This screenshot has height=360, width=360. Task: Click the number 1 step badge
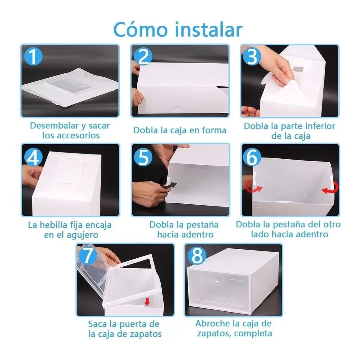tap(34, 56)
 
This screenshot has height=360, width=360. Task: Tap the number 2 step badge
tap(143, 56)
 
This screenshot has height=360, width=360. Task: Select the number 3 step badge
tap(252, 56)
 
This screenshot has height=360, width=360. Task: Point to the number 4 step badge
tap(34, 157)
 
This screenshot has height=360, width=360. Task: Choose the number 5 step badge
tap(143, 157)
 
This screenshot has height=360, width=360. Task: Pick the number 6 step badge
tap(252, 157)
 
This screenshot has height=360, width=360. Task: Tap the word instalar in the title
tap(209, 29)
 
